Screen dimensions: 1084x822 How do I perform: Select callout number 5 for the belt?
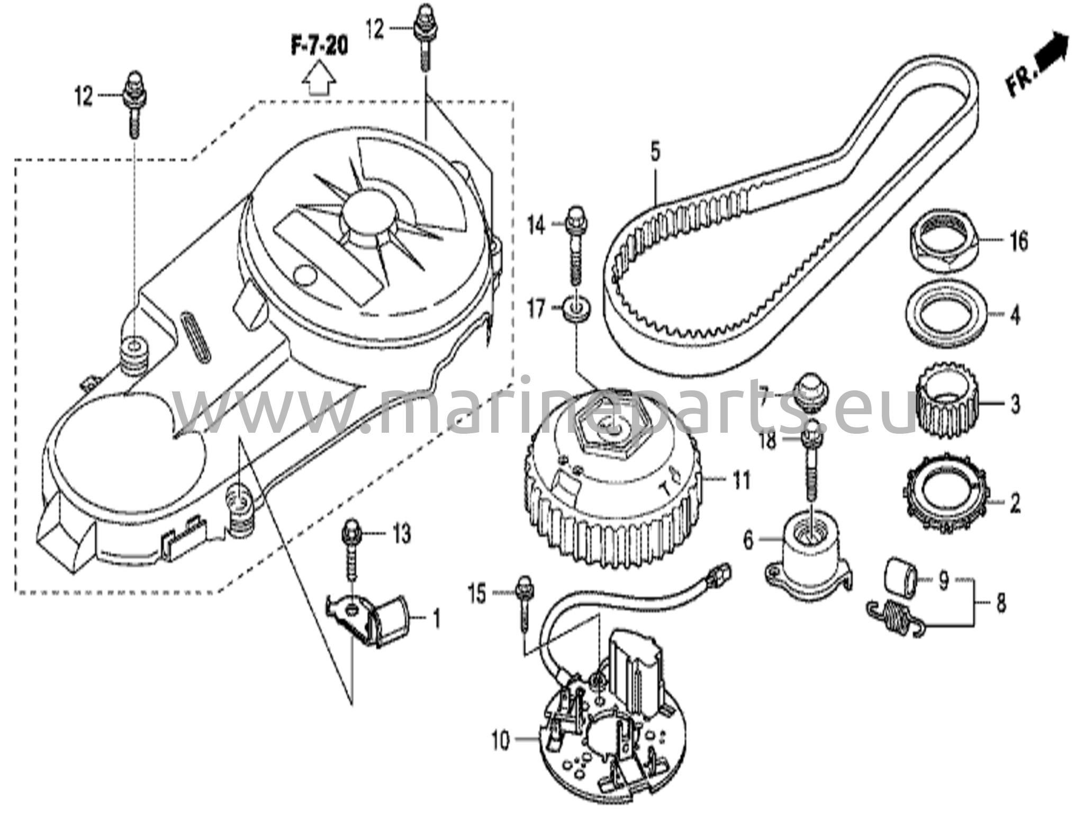tap(655, 153)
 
